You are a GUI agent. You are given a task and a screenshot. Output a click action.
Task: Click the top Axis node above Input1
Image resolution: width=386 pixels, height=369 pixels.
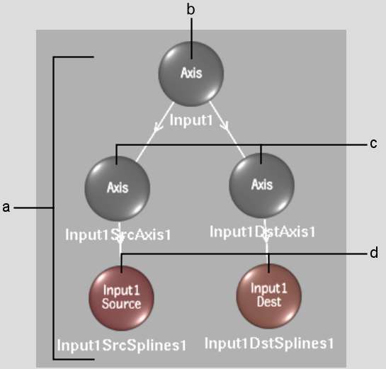coord(191,74)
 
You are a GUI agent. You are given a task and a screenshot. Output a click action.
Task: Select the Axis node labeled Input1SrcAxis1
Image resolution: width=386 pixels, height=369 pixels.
coord(118,188)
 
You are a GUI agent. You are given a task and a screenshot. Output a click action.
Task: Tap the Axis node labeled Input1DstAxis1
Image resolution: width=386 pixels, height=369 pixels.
coord(261,186)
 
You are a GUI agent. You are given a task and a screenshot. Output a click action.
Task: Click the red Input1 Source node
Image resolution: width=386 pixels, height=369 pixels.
coord(121,298)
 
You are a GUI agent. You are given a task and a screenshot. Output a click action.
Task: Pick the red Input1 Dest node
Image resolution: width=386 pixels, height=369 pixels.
coord(269,296)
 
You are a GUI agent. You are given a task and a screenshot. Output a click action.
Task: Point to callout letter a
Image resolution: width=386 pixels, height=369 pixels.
coord(6,208)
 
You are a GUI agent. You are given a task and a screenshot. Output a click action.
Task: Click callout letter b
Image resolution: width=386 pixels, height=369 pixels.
coord(191,9)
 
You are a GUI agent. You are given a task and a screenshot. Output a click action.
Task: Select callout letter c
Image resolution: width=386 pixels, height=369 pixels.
coord(373,143)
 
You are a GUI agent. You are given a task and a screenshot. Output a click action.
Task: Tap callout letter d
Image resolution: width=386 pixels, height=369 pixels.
coord(374,253)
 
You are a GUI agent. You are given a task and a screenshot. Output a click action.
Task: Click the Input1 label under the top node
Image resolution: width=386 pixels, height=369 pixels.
coord(191,120)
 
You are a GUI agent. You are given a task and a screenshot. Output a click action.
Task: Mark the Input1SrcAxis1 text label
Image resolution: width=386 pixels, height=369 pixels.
coord(118,234)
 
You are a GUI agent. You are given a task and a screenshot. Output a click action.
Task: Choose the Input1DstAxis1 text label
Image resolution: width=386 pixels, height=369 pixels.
coord(263,232)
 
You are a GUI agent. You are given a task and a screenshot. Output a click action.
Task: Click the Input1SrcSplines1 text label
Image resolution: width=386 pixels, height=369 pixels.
coord(121,345)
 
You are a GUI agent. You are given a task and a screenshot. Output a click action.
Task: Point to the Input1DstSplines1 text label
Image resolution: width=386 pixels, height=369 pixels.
coord(269,344)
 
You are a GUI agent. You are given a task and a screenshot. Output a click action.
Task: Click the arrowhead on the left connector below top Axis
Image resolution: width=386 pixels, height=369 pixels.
coord(158,127)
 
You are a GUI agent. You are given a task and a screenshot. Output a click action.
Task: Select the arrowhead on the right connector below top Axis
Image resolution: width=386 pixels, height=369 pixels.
coord(225,126)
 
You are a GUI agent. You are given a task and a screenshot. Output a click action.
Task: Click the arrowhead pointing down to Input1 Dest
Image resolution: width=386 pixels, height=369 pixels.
coord(266,238)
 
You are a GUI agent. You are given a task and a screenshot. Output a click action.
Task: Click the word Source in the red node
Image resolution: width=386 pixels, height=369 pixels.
coord(121,304)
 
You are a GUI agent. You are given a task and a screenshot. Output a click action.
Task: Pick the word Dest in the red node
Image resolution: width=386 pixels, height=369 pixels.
coord(269,302)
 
